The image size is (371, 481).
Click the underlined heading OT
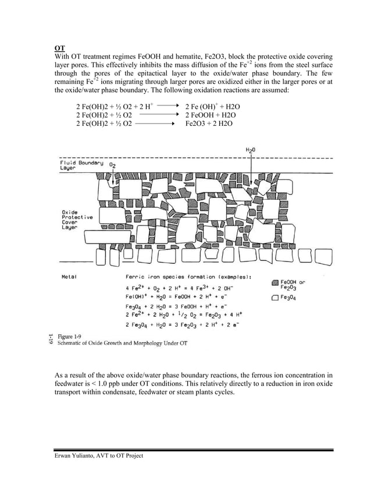(59, 48)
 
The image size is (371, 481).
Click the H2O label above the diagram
(251, 150)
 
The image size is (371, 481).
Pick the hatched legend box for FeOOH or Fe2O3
(275, 282)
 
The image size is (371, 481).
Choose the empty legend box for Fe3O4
(275, 298)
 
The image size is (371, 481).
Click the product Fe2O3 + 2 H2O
(209, 123)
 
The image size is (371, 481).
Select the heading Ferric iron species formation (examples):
(188, 277)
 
